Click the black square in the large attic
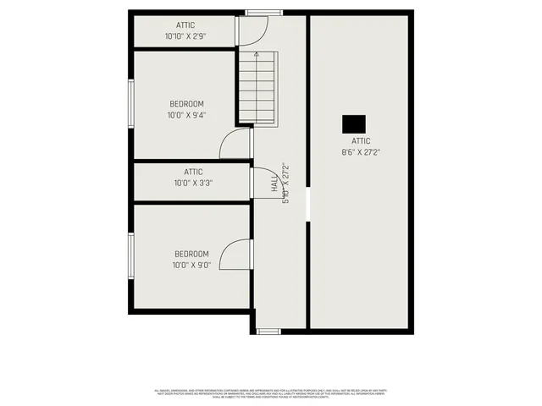pos(353,123)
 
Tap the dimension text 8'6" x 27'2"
pos(361,153)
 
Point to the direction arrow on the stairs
pos(256,57)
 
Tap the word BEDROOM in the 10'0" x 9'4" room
pos(186,104)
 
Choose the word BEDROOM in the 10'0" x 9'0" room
pos(191,254)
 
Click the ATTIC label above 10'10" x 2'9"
pos(185,25)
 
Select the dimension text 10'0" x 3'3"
pos(193,183)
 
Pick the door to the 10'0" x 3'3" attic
pos(263,184)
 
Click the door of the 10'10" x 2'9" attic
pos(252,32)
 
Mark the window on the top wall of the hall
pos(257,13)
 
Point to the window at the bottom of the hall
pos(268,331)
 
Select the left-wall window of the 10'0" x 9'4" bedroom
pos(130,104)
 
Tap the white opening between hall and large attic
pos(307,203)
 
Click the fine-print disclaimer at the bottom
pos(271,393)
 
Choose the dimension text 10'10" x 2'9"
pos(185,37)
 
